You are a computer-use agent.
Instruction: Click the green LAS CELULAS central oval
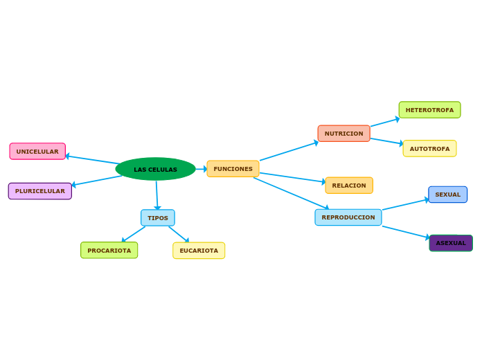(x=155, y=169)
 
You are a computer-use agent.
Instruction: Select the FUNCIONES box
(x=233, y=169)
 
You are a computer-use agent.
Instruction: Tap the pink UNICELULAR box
(x=37, y=152)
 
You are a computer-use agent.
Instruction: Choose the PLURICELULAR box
(x=40, y=191)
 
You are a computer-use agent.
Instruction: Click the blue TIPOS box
(x=158, y=218)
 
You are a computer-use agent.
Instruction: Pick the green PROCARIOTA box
(x=109, y=251)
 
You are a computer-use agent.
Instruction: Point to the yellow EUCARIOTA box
(x=199, y=251)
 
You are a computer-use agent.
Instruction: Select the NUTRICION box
(x=343, y=134)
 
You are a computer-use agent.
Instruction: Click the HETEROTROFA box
(x=429, y=110)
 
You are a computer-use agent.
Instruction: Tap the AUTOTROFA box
(x=429, y=149)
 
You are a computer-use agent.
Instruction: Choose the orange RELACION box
(x=349, y=186)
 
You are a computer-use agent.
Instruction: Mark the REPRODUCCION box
(x=348, y=217)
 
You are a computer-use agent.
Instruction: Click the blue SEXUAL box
(x=447, y=195)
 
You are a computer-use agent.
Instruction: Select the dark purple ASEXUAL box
(x=451, y=243)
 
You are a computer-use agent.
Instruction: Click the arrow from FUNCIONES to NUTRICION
(x=288, y=152)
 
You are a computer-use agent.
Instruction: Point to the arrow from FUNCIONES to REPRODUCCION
(x=290, y=193)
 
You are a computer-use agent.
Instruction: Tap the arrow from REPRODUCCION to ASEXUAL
(x=405, y=232)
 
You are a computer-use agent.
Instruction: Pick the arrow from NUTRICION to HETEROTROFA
(x=384, y=123)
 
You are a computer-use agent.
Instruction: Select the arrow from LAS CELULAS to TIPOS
(x=157, y=195)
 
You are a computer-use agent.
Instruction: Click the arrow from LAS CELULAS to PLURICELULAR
(x=97, y=181)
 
